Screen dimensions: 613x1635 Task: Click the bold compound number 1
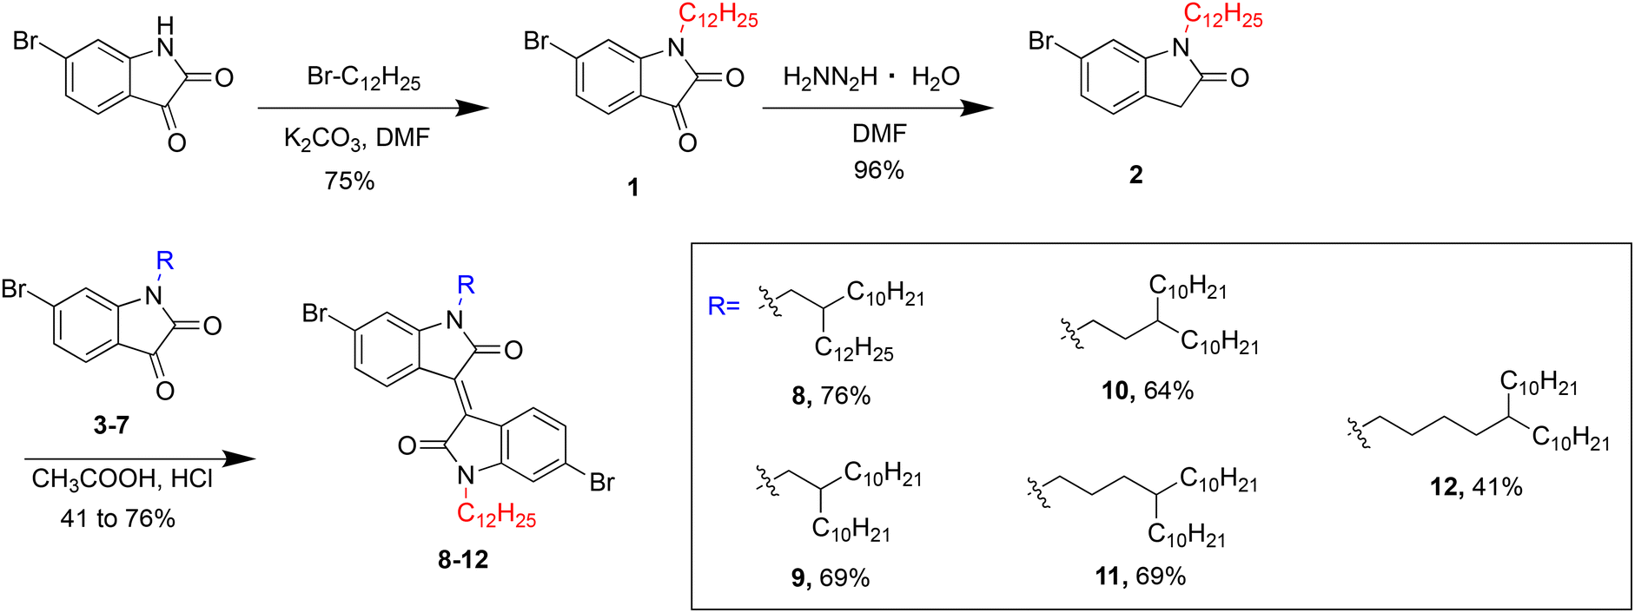coord(632,187)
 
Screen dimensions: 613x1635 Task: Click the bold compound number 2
coord(1135,175)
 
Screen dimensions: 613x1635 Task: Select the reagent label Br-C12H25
coord(363,78)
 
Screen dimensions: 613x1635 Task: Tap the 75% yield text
coord(349,181)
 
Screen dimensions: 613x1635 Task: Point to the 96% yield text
coord(878,170)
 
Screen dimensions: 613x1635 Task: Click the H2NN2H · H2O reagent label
coord(870,78)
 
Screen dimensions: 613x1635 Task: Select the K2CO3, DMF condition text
coord(356,138)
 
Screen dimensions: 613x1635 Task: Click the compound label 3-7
coord(111,425)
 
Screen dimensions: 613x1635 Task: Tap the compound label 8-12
coord(463,560)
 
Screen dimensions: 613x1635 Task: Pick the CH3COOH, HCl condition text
coord(122,479)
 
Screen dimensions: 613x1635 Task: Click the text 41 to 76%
coord(118,518)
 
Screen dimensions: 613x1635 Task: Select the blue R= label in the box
coord(724,306)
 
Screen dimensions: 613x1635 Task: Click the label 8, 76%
coord(831,396)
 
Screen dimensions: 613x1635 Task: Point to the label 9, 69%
coord(830,578)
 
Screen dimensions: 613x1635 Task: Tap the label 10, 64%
coord(1147,392)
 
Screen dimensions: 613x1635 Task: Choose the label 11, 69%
coord(1140,576)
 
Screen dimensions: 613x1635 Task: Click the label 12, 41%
coord(1476,487)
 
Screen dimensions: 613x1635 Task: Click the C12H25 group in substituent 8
coord(854,349)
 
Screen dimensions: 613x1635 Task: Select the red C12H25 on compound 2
coord(1223,16)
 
